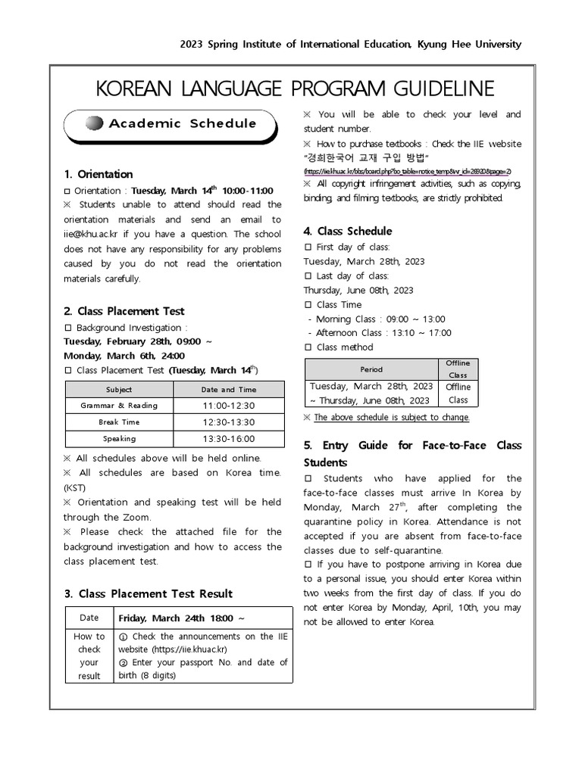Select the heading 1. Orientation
99,174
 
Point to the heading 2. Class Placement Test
124,311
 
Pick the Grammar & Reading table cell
119,406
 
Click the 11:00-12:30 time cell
228,406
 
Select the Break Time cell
119,422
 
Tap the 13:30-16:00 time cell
228,439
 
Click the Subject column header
119,390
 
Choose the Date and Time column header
228,390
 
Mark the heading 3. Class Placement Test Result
148,593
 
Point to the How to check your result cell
89,656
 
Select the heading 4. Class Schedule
348,231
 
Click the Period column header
371,369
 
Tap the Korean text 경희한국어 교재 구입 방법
367,157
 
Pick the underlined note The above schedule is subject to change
392,417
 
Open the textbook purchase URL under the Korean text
408,171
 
